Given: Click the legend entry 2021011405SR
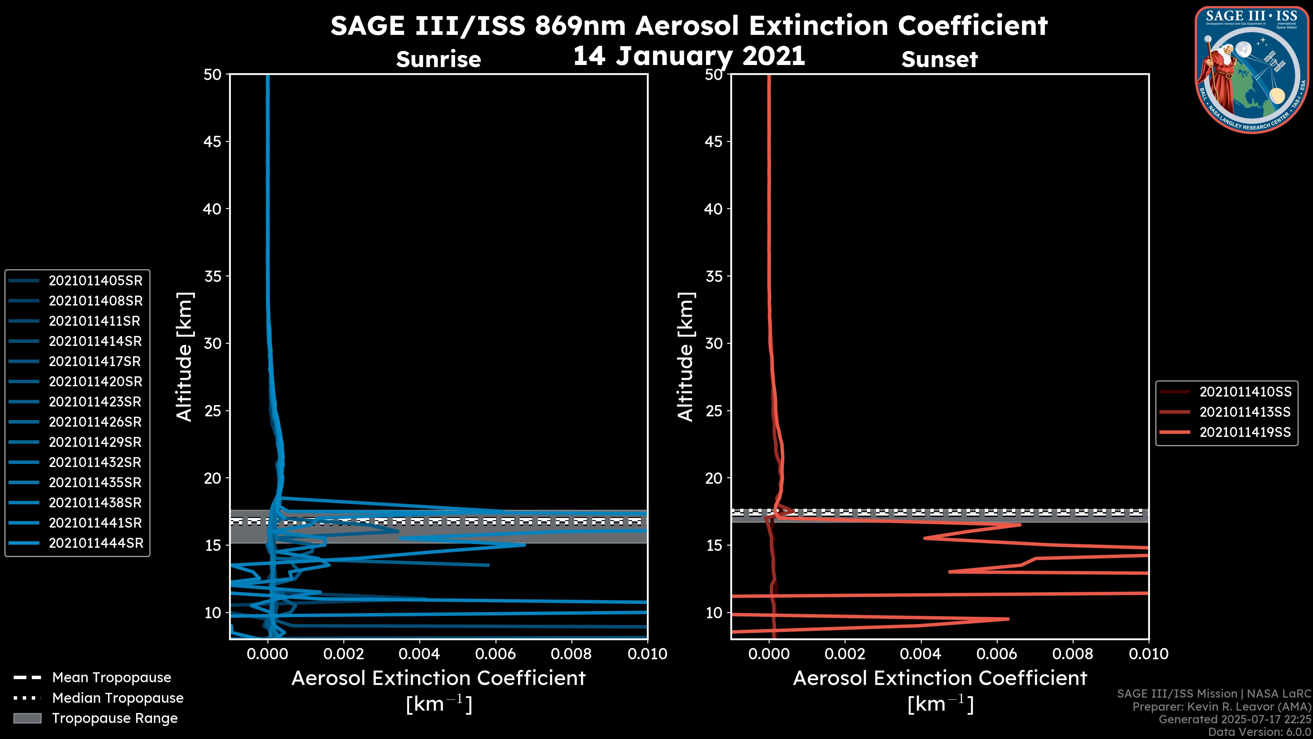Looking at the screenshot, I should point(95,281).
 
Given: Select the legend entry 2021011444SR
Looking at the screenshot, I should point(96,543).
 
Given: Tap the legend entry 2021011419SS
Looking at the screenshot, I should point(1245,432).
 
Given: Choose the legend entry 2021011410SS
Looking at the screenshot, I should point(1245,392).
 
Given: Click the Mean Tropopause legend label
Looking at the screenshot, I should point(111,678).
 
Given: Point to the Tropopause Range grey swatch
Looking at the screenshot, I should point(27,718).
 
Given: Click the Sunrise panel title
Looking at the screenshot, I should point(438,60).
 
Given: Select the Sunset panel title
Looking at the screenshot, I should point(939,60).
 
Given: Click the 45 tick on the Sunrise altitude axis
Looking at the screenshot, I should point(213,142).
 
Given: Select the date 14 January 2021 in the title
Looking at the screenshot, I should point(689,56).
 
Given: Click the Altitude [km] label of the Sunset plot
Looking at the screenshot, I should point(686,357).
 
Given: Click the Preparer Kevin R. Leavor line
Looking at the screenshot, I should point(1221,707).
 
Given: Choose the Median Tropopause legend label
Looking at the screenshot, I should point(118,698).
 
